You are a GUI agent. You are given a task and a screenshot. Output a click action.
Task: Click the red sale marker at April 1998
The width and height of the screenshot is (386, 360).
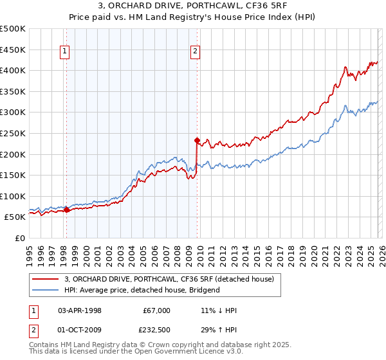(x=66, y=210)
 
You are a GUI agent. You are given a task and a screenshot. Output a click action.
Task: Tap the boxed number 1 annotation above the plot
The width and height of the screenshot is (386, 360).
(x=66, y=53)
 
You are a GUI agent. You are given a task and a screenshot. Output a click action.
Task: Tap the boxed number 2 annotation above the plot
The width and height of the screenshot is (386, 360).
(x=195, y=53)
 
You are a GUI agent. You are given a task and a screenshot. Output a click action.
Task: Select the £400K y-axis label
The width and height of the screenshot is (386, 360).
(x=13, y=70)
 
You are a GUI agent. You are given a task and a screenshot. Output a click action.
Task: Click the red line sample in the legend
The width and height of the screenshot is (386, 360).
(x=46, y=279)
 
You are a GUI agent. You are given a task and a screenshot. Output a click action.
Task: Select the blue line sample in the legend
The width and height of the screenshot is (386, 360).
(x=46, y=290)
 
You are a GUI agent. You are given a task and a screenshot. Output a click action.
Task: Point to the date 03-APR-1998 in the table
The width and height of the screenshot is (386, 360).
(x=80, y=310)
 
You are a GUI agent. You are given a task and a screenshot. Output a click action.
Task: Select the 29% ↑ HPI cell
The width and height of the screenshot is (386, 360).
(x=219, y=329)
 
